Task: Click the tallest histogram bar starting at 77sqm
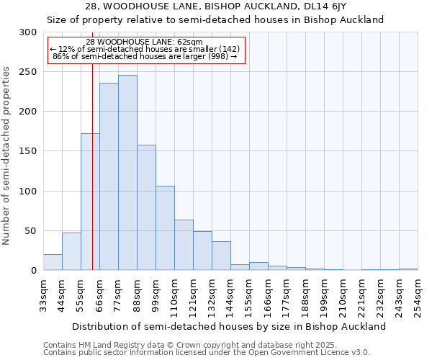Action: [127, 173]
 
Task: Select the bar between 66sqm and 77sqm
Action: [109, 176]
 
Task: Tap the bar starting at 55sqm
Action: [90, 202]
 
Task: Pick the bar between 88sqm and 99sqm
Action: [146, 207]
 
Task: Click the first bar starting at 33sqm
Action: [53, 262]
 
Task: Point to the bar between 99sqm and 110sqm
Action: [165, 228]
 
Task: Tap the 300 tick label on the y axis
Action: [28, 32]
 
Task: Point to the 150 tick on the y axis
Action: [28, 151]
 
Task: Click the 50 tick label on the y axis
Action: [31, 231]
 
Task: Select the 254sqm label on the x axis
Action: [418, 295]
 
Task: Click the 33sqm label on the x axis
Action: [43, 295]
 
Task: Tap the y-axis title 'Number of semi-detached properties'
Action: [7, 155]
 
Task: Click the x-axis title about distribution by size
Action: [230, 326]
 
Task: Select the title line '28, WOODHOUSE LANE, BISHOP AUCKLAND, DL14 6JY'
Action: [215, 6]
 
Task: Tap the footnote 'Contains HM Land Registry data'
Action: [205, 345]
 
